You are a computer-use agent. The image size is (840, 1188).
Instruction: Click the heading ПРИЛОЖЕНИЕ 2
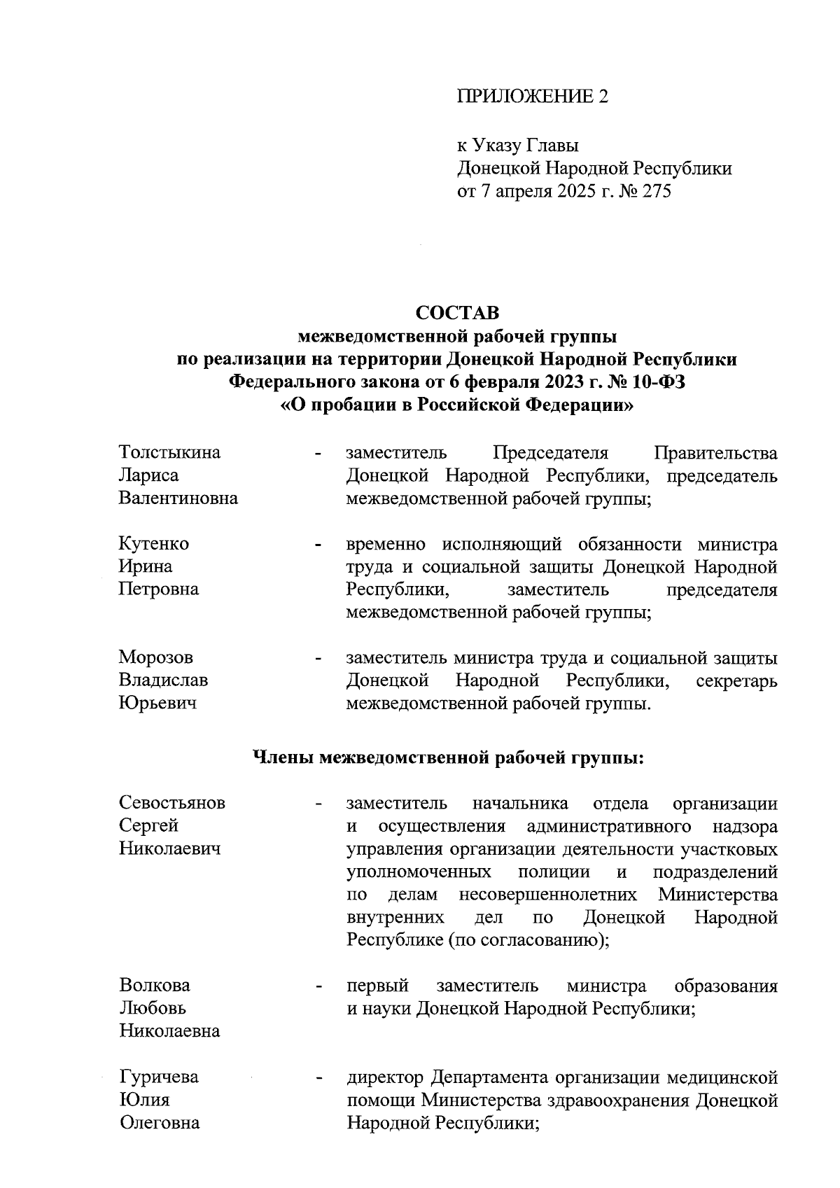click(x=533, y=96)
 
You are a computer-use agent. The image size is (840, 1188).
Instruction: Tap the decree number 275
click(x=655, y=191)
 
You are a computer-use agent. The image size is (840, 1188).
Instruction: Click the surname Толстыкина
click(x=169, y=452)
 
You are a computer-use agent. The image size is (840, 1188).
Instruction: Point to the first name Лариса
click(x=148, y=475)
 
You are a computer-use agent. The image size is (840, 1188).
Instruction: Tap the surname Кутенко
click(x=154, y=543)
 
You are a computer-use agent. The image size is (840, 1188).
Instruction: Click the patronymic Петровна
click(x=159, y=589)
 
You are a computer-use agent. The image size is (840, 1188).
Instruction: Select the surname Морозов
click(x=156, y=657)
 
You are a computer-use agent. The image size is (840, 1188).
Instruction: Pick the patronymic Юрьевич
click(x=157, y=703)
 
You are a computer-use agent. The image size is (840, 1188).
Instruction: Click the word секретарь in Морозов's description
click(x=736, y=680)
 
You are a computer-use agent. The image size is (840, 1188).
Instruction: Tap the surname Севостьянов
click(x=172, y=802)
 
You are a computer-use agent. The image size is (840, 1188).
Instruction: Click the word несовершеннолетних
click(x=548, y=895)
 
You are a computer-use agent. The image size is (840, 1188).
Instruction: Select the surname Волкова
click(x=155, y=985)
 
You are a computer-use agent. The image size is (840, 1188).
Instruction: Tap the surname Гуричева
click(x=159, y=1077)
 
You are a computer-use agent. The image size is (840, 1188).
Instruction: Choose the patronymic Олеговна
click(x=159, y=1122)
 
